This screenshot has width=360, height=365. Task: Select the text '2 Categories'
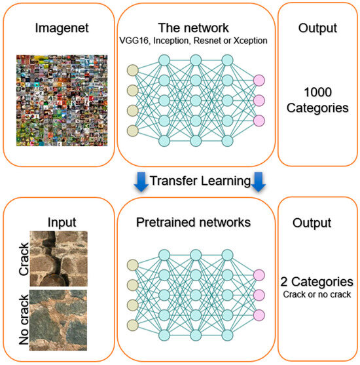[317, 282]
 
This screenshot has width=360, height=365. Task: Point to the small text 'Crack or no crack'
[317, 294]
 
